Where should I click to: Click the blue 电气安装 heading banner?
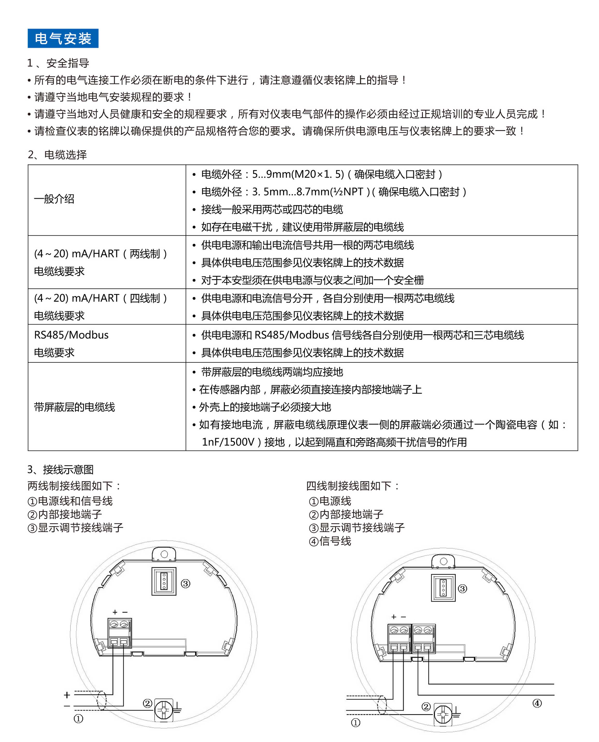coord(63,38)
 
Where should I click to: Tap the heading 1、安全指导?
coord(58,63)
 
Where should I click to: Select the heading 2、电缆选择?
coord(57,155)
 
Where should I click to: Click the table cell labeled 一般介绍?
coord(54,199)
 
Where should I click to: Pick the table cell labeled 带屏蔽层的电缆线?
coord(74,407)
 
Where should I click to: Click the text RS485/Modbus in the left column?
coord(71,335)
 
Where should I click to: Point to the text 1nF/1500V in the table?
coord(228,442)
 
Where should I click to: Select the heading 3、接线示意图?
coord(60,469)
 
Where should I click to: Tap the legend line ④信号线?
coord(330,541)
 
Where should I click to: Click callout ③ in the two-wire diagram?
coord(186,584)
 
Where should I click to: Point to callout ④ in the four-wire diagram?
coord(537,703)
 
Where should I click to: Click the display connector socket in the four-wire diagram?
coord(443,588)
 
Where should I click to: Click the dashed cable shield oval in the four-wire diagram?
coord(382,705)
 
